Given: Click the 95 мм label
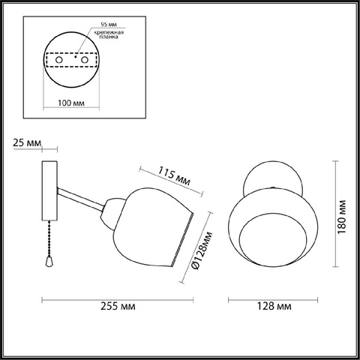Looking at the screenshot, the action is click(x=109, y=25).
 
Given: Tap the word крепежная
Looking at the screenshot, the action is click(x=109, y=32).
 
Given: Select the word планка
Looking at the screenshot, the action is click(x=109, y=37).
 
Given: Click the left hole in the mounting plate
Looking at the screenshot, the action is click(x=59, y=60).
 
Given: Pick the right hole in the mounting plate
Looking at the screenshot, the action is click(x=85, y=60).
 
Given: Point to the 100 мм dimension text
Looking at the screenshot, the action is click(x=71, y=103).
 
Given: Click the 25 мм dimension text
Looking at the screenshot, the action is click(x=27, y=143).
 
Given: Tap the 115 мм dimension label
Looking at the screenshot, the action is click(x=174, y=176).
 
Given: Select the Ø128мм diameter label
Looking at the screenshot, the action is click(x=202, y=250).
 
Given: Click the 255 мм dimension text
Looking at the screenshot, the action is click(x=118, y=306).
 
